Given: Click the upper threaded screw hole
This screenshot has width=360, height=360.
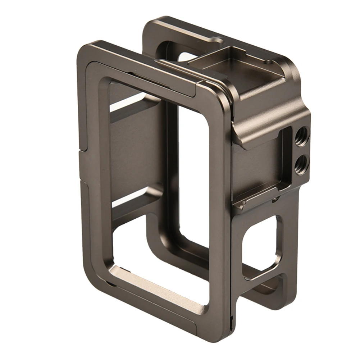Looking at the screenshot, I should click(x=301, y=137).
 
